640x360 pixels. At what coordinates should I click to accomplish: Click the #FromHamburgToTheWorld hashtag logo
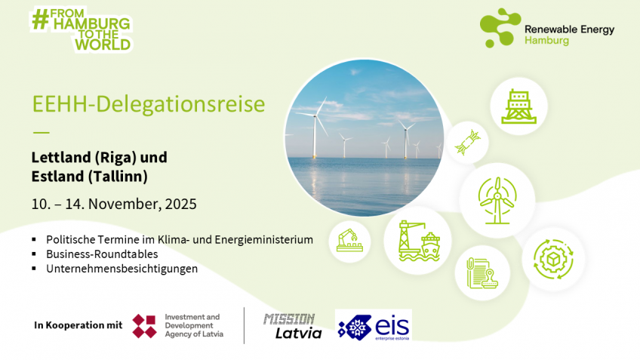[82, 29]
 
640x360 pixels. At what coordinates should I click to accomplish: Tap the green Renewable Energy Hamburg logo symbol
[500, 28]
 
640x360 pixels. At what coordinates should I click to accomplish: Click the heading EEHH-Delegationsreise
[149, 103]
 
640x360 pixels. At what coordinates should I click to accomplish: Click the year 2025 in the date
[181, 204]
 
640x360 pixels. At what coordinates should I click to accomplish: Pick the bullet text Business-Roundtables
[102, 254]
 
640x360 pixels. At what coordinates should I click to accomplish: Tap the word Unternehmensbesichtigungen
[122, 269]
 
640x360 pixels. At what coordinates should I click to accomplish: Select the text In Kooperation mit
[78, 325]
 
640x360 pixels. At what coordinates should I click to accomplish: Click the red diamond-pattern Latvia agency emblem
[144, 326]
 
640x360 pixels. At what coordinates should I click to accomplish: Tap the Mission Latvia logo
[293, 326]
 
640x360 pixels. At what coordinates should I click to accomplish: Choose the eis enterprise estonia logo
[374, 325]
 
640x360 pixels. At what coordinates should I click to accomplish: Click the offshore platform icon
[518, 106]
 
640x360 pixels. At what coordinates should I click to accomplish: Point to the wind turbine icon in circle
[497, 201]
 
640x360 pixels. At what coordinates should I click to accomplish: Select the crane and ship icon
[419, 241]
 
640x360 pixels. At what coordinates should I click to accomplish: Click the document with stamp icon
[482, 273]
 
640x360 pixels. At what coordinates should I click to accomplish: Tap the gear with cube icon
[553, 259]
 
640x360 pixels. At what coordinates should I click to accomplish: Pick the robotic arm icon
[349, 240]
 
